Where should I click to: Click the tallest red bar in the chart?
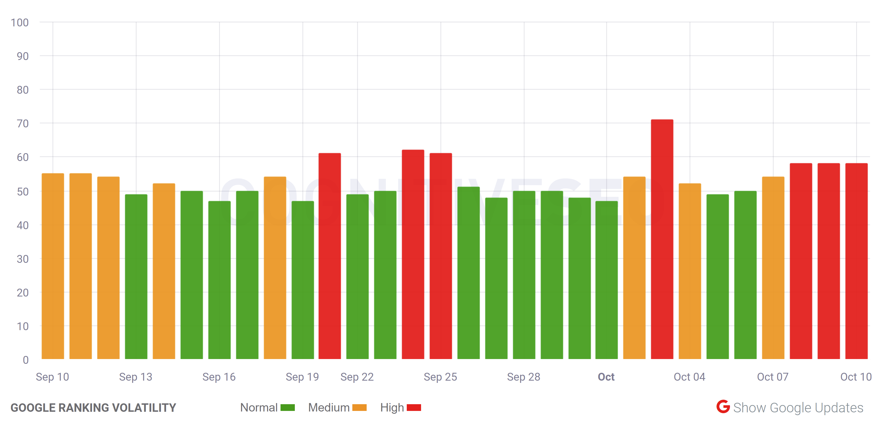coord(662,239)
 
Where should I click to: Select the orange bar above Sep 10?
coord(53,266)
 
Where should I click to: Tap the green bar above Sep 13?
coord(136,277)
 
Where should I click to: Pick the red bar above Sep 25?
coord(440,256)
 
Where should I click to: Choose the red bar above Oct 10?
coord(856,261)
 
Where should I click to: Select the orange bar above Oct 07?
coord(773,268)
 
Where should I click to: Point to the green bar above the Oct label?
coord(606,280)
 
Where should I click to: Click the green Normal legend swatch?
coord(287,408)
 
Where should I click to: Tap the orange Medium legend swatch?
coord(359,408)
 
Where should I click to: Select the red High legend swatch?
coord(414,408)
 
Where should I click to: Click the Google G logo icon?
coord(723,406)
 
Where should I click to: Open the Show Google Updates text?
coord(798,408)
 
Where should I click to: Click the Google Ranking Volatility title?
coord(93,408)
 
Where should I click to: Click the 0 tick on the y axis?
coord(26,360)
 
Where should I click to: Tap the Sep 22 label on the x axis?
coord(357,377)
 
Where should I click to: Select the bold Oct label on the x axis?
coord(606,377)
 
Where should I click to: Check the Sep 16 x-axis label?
coord(219,377)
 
